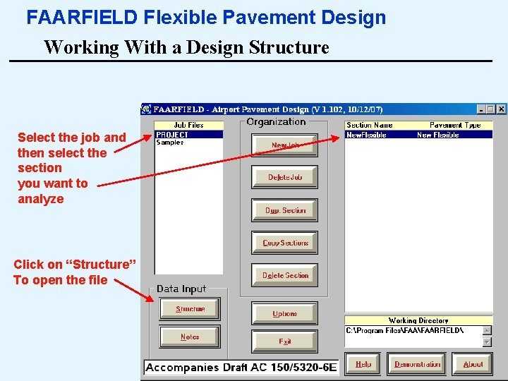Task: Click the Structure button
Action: pyautogui.click(x=190, y=309)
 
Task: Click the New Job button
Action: pyautogui.click(x=285, y=145)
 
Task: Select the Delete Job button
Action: pyautogui.click(x=285, y=177)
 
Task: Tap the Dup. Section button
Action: pyautogui.click(x=285, y=210)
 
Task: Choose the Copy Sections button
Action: pyautogui.click(x=285, y=243)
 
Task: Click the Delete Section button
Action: pyautogui.click(x=285, y=275)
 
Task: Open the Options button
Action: pyautogui.click(x=285, y=313)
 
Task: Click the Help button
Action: pyautogui.click(x=363, y=364)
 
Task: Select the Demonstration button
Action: pyautogui.click(x=418, y=364)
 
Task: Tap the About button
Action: pyautogui.click(x=473, y=364)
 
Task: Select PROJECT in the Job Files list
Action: pyautogui.click(x=172, y=135)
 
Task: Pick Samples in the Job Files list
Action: pyautogui.click(x=169, y=143)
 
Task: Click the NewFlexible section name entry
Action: pyautogui.click(x=366, y=135)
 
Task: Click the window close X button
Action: pyautogui.click(x=501, y=109)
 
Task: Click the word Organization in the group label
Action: pyautogui.click(x=277, y=121)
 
